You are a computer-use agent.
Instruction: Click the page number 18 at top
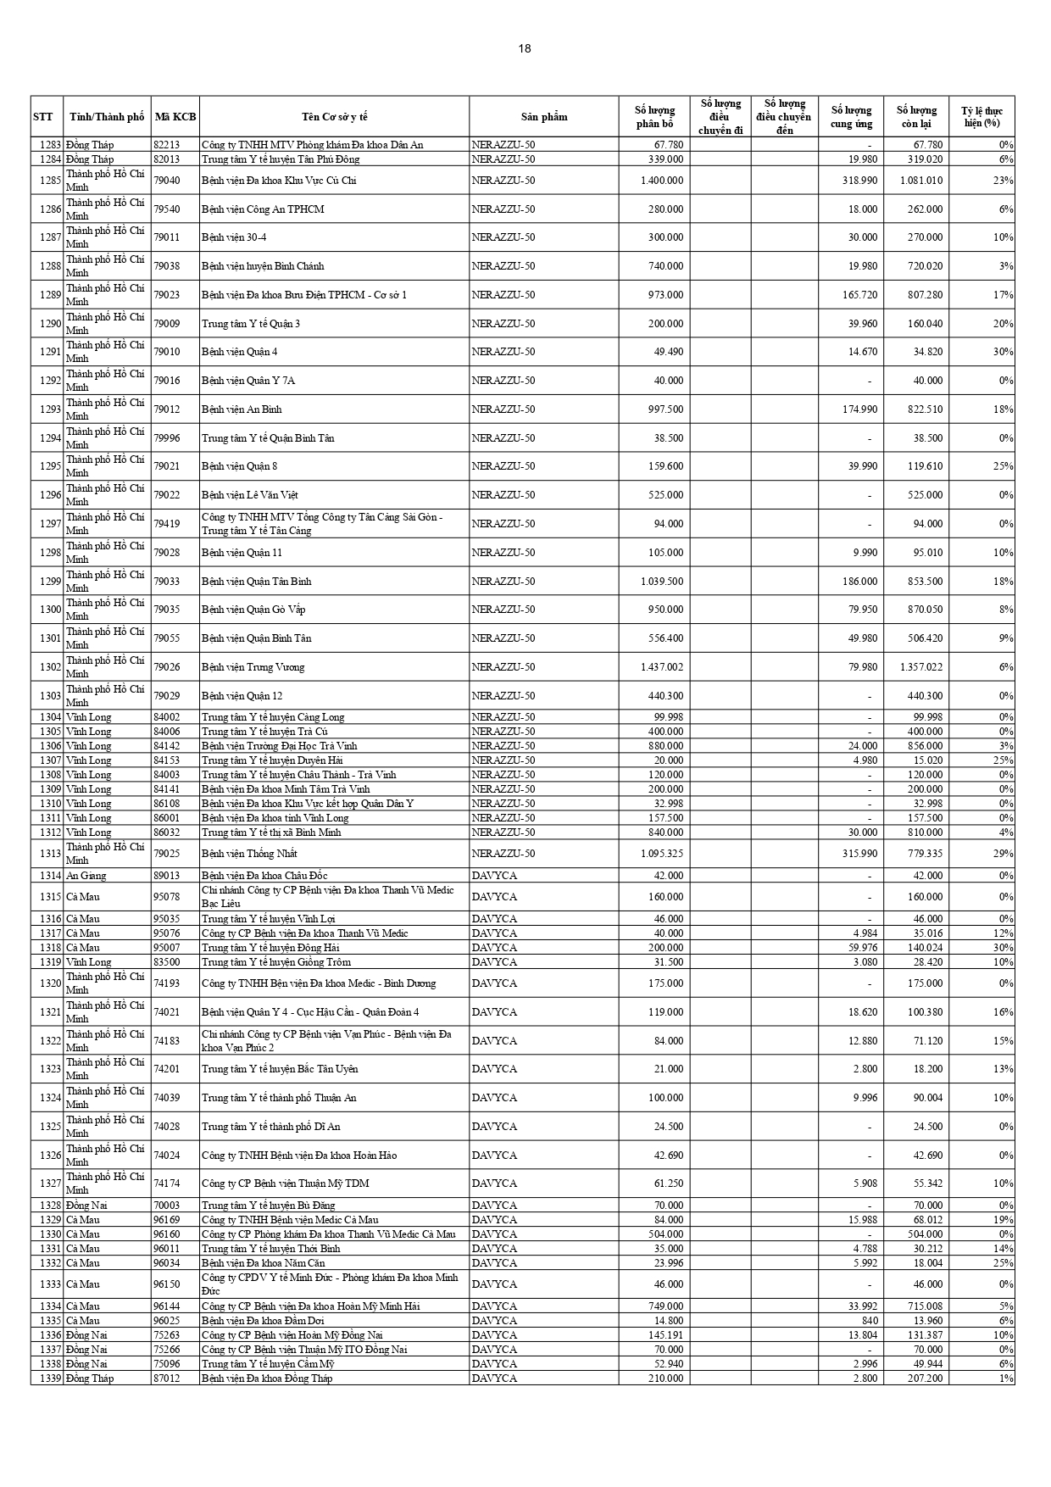[525, 48]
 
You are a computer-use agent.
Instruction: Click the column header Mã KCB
[175, 117]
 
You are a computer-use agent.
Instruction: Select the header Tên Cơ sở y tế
[334, 117]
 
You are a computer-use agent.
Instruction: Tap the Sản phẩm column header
[544, 117]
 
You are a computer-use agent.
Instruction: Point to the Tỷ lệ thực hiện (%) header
[981, 117]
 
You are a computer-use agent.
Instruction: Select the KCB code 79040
[166, 181]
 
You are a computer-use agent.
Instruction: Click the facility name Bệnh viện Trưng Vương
[253, 667]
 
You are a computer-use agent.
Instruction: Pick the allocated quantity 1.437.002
[662, 667]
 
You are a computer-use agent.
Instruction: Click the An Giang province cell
[86, 876]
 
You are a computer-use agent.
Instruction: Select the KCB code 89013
[166, 876]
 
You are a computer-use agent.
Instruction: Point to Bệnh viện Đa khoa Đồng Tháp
[267, 1378]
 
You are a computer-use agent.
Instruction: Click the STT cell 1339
[48, 1378]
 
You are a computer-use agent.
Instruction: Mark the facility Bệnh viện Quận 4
[239, 352]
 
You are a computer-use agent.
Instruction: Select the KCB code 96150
[166, 1284]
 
